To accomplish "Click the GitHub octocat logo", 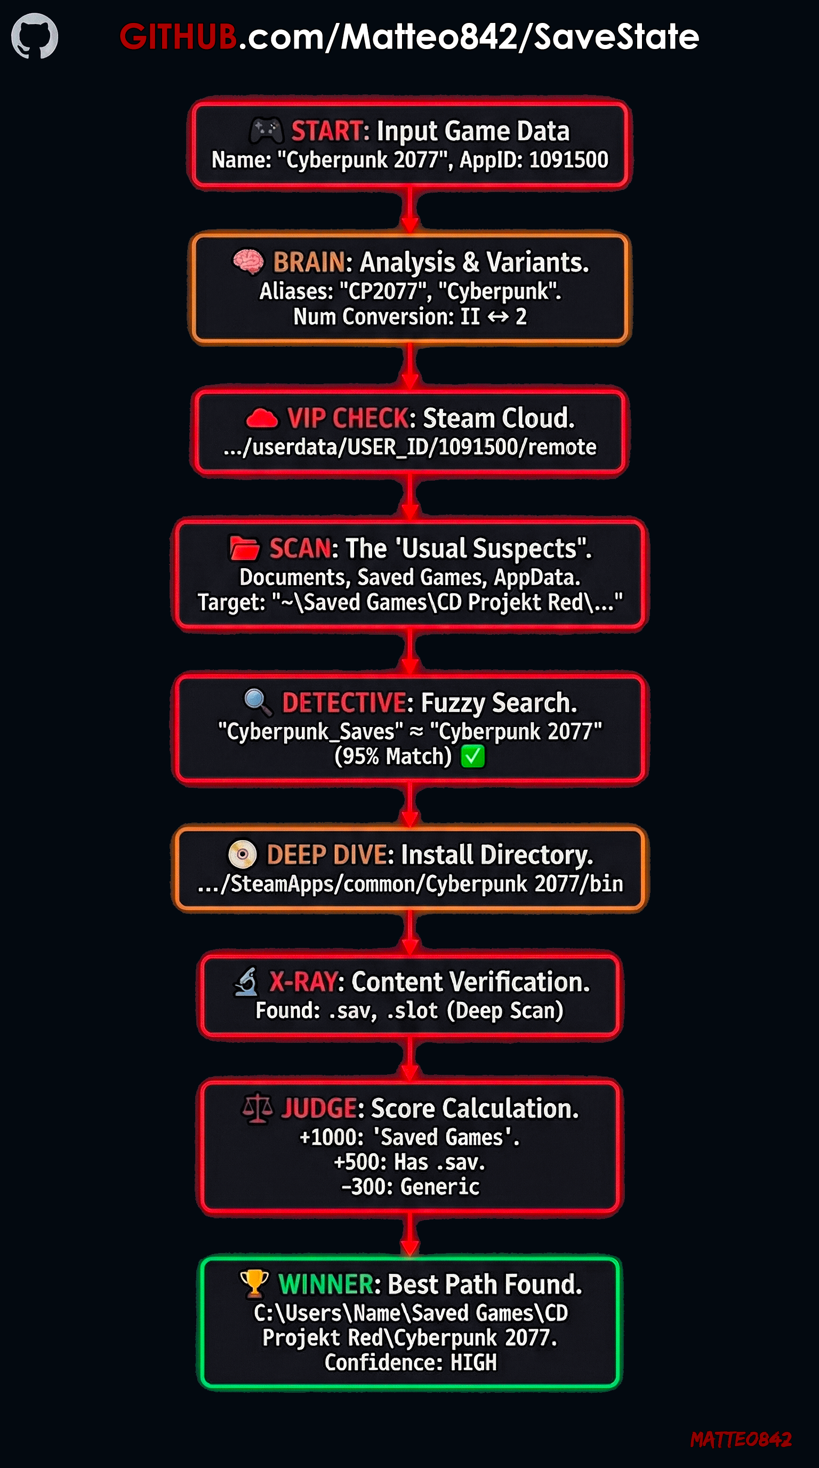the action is point(35,36).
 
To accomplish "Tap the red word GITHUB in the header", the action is point(178,36).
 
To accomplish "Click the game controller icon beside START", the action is point(266,130).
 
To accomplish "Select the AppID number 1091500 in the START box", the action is point(568,159).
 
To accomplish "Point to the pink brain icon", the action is point(248,261).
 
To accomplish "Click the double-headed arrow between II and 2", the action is point(498,316).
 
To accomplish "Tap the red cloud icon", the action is point(261,418).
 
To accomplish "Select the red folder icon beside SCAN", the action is point(244,548).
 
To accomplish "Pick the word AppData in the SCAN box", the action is point(537,577).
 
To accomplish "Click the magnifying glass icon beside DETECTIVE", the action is point(258,702).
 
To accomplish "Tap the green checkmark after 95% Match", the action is point(473,756).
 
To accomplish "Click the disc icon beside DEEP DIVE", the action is point(243,854).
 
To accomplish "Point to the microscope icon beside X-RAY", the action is point(247,982).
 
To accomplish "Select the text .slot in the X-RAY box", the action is point(412,1010).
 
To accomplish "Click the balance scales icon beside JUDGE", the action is point(257,1107).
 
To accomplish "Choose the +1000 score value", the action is point(332,1137).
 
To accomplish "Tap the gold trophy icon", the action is point(254,1283).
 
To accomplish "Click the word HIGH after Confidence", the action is point(473,1362).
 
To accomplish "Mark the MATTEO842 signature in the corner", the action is point(741,1440).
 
